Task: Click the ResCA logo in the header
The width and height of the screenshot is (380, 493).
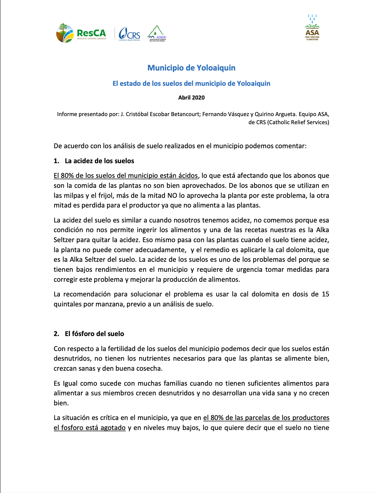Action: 81,33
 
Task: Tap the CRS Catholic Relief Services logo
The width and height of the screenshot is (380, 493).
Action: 129,33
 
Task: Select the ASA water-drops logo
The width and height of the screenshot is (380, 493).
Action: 312,27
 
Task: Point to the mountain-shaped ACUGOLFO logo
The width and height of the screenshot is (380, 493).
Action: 157,33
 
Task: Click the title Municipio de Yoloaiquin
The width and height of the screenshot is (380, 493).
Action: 191,68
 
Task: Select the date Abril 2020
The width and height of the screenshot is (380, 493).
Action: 191,98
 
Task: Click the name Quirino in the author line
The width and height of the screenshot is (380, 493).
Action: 264,114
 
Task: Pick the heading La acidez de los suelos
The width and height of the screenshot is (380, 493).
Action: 99,161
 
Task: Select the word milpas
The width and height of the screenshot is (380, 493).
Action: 73,196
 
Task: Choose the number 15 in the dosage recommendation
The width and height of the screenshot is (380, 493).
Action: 325,294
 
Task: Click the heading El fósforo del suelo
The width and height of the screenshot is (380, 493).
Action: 94,334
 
